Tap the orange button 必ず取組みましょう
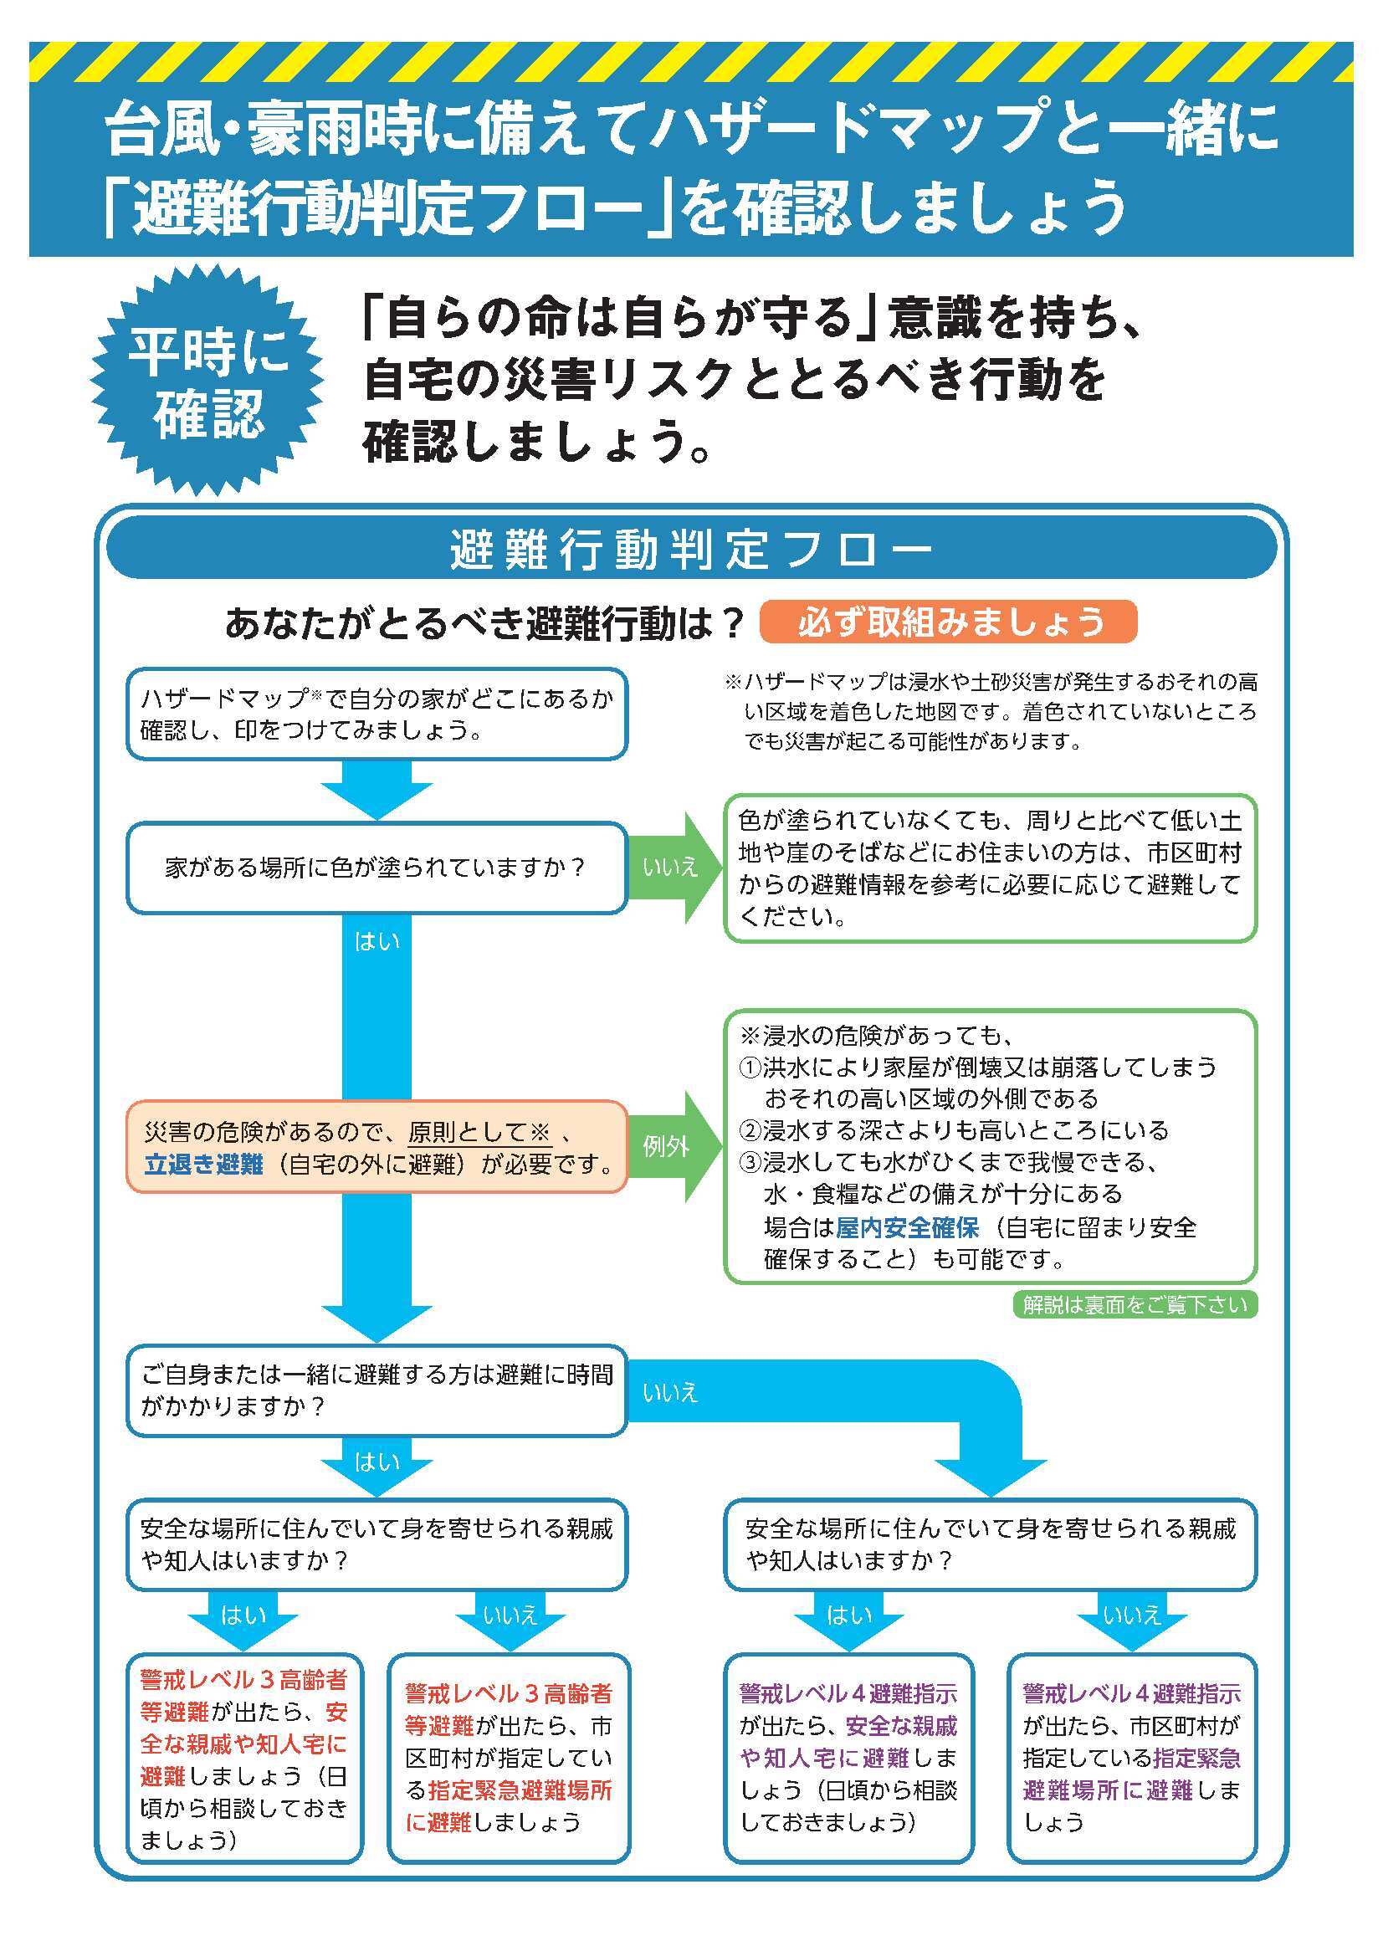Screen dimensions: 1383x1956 (x=948, y=622)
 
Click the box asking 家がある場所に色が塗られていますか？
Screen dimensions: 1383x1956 (x=376, y=868)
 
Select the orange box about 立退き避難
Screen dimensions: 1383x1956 (x=376, y=1146)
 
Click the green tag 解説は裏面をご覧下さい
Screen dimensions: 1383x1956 (x=1135, y=1304)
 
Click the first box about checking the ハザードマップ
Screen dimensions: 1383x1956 (x=376, y=714)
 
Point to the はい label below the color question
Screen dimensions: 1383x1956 (x=376, y=941)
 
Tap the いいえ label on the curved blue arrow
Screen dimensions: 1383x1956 (x=671, y=1392)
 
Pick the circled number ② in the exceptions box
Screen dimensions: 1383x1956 (x=749, y=1130)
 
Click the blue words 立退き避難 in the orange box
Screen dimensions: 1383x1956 (x=203, y=1164)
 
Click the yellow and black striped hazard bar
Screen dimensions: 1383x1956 (x=691, y=62)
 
